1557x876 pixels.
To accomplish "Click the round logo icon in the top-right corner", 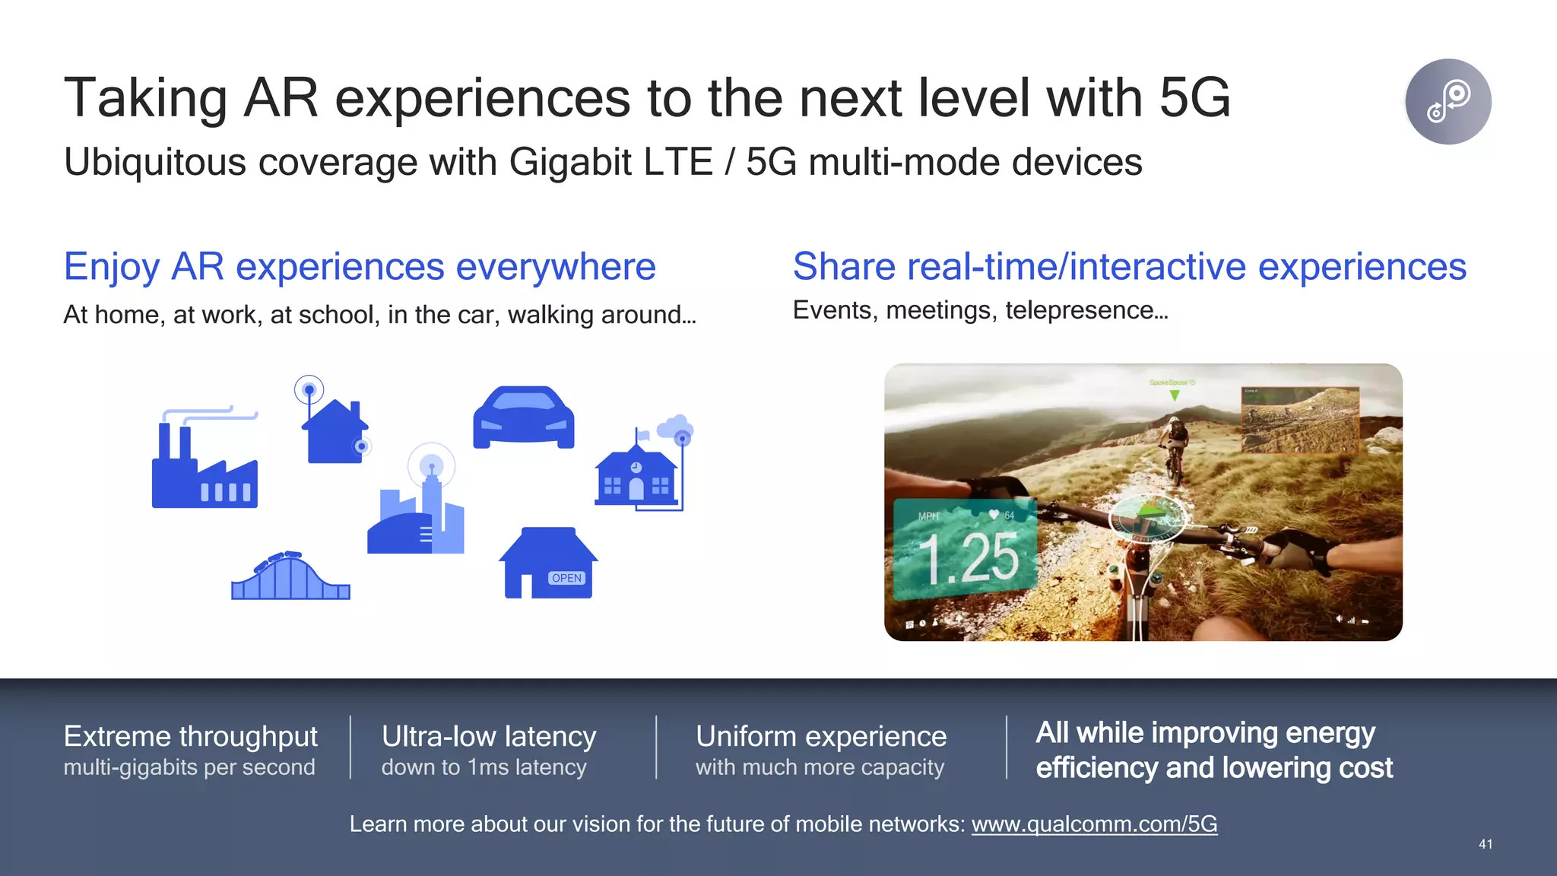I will (1448, 101).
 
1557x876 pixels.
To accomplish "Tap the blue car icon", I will (524, 417).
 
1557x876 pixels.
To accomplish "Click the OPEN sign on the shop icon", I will (566, 578).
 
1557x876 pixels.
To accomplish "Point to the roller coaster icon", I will (290, 577).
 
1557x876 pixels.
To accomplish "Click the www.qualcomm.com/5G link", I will (1094, 824).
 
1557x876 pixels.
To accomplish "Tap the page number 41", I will (1485, 844).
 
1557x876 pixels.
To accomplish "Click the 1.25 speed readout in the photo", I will (969, 559).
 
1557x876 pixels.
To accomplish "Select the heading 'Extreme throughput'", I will (191, 736).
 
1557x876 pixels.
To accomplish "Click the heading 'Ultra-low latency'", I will (489, 736).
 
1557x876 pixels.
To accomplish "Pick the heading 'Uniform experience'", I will (821, 736).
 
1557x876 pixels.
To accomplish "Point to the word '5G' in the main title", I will (1194, 98).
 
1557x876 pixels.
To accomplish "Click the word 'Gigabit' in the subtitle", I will (570, 162).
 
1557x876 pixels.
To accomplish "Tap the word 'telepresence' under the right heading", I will (1079, 310).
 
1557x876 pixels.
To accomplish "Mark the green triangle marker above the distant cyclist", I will (1175, 395).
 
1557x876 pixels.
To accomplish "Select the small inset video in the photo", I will (1299, 420).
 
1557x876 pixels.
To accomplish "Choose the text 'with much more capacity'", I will (820, 767).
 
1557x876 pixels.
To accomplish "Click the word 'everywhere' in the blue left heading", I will (556, 267).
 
